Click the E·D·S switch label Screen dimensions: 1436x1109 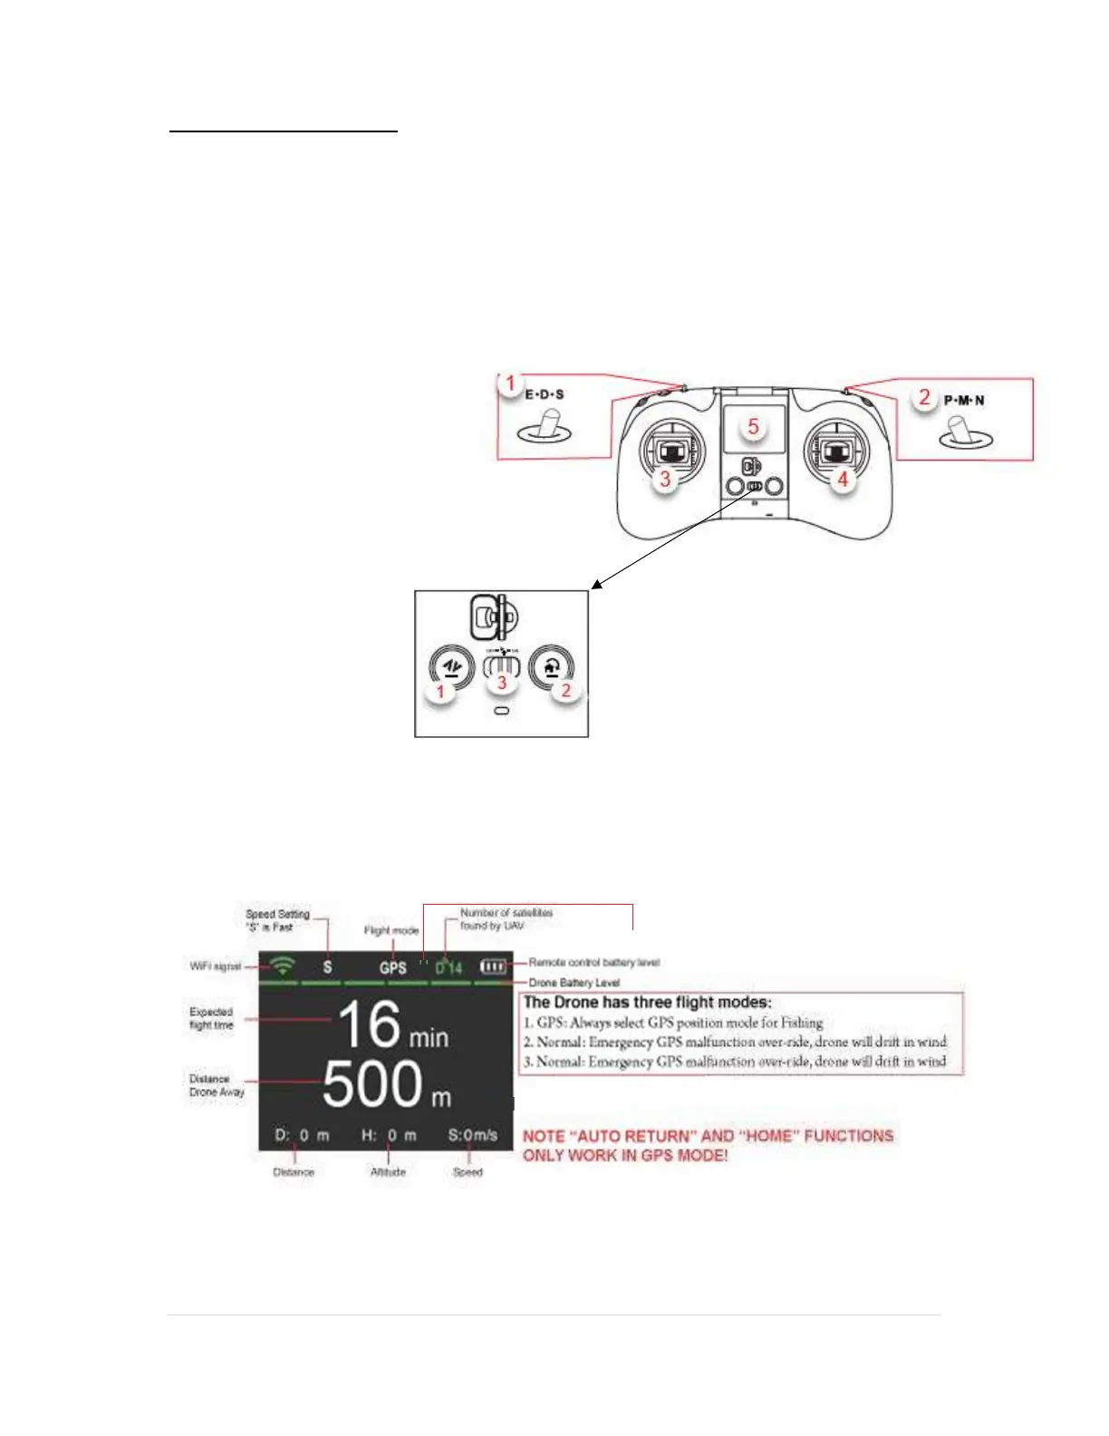(x=545, y=394)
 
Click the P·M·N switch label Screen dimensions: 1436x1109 (x=964, y=400)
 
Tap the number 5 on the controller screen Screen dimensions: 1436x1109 (x=753, y=426)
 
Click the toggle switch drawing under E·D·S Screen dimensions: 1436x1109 (x=545, y=428)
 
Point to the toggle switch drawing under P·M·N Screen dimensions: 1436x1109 (x=966, y=434)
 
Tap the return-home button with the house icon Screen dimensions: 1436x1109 (x=552, y=668)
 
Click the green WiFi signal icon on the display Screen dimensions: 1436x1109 (x=284, y=965)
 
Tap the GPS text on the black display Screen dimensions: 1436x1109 (x=393, y=967)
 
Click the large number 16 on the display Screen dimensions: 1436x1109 (x=369, y=1025)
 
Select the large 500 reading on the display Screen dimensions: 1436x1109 (x=371, y=1084)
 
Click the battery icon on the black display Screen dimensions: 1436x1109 (x=493, y=966)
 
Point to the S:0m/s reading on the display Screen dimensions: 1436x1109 (x=473, y=1135)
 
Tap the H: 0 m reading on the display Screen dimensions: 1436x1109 (x=389, y=1135)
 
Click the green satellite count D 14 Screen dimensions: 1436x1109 (x=448, y=967)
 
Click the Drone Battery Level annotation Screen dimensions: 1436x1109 (x=574, y=983)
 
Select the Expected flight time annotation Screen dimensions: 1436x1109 (x=211, y=1018)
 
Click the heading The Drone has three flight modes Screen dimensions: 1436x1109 (x=648, y=1002)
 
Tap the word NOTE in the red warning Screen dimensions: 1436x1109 (x=545, y=1136)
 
